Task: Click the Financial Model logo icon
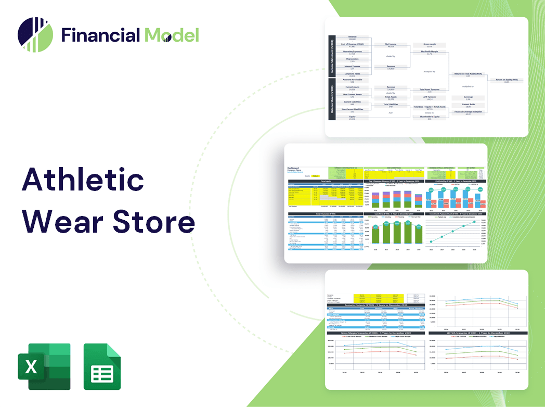pos(35,34)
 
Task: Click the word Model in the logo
pos(172,35)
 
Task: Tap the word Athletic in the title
pos(83,180)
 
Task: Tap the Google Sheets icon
pos(102,366)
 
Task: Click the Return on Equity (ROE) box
pos(506,81)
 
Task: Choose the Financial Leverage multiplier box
pos(469,112)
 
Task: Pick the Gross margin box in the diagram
pos(430,45)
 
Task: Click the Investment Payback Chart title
pos(455,214)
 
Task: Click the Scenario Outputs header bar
pos(374,305)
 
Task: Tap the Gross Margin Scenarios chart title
pos(374,333)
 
